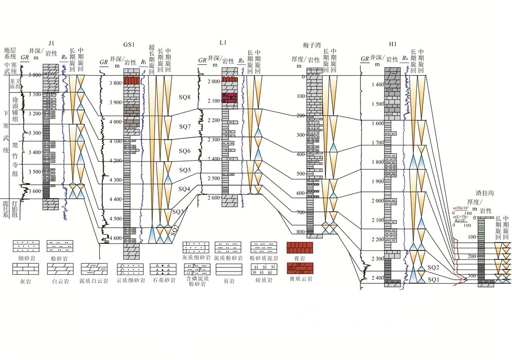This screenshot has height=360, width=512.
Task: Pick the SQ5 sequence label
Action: pyautogui.click(x=184, y=170)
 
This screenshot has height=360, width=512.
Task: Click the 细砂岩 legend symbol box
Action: pyautogui.click(x=24, y=246)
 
